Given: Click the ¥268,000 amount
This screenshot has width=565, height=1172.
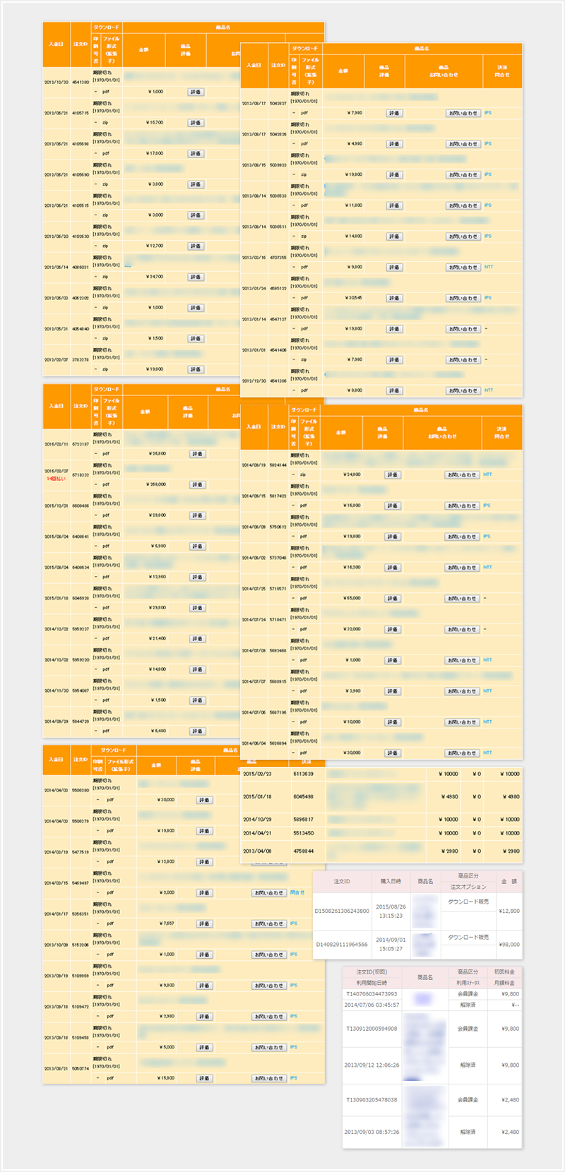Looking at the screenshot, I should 157,484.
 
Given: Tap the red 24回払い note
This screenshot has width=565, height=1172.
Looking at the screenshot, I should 56,479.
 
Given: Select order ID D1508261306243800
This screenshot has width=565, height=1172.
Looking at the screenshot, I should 342,911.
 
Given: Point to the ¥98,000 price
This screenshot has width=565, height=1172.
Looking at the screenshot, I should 509,944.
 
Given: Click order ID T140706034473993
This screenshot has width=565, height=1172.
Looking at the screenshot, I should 371,993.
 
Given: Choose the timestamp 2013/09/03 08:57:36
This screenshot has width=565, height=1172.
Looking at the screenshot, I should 371,1132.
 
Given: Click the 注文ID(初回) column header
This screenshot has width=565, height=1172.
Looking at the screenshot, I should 371,972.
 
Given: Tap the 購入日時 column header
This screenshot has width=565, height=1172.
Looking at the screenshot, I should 391,881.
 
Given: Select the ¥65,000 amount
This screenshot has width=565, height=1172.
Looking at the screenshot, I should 352,598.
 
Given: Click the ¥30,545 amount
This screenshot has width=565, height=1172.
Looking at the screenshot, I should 354,298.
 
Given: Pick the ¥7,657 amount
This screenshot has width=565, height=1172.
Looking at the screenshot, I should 166,923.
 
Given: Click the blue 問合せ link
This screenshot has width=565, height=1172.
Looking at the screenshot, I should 297,892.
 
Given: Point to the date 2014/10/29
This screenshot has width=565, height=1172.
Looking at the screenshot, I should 257,820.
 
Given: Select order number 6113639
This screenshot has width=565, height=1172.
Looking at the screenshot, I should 303,774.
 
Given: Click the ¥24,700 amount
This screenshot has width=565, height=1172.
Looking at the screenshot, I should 155,277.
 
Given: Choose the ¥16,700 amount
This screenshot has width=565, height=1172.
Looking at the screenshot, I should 155,122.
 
